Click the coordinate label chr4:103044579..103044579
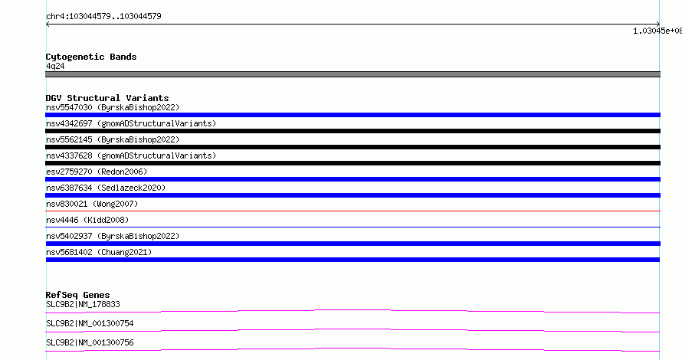(103, 17)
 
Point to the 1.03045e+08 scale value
(657, 31)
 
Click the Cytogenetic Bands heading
(91, 57)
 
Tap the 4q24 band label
(55, 66)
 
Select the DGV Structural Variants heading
(107, 98)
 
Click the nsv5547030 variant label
(113, 107)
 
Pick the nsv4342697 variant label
(131, 123)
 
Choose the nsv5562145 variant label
(113, 139)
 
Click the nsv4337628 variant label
(131, 155)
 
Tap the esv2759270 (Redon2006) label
(97, 172)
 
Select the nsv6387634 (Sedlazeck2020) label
(106, 188)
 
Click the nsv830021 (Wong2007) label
(92, 204)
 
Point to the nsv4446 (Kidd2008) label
(87, 220)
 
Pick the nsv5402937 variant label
(113, 236)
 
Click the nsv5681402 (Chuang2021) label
(99, 252)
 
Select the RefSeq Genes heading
(77, 295)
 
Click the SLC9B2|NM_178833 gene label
(83, 304)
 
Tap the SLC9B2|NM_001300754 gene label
(90, 323)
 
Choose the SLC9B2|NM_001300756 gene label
(90, 342)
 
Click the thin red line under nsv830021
(352, 211)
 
